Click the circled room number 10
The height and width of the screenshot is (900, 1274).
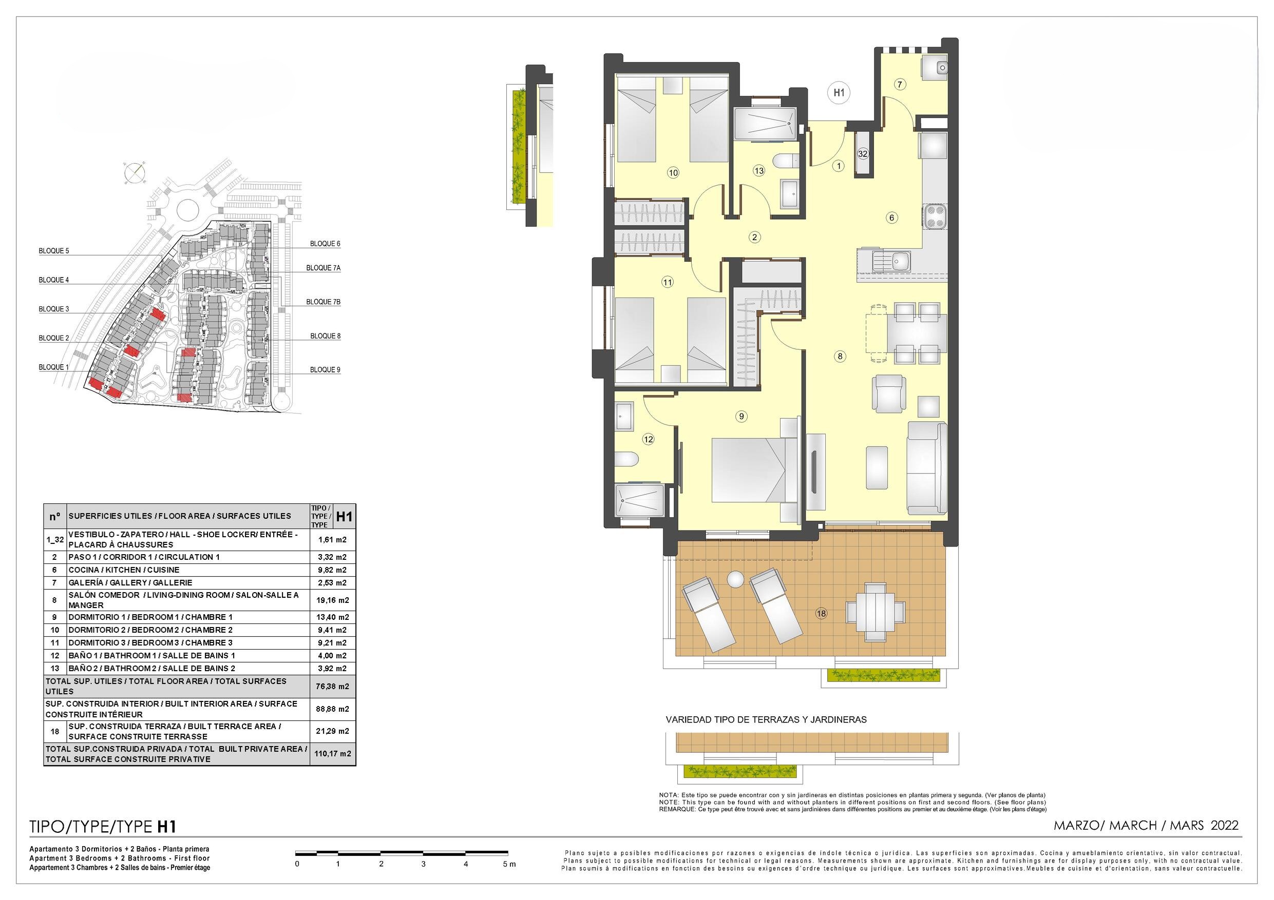click(x=673, y=173)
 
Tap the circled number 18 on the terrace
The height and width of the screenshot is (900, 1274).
click(x=821, y=613)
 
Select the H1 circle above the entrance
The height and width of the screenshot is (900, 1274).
click(x=839, y=92)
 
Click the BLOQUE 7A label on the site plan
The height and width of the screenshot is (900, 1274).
click(x=324, y=268)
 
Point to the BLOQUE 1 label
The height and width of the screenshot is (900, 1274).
click(x=54, y=367)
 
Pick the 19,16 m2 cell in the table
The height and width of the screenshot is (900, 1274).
click(x=332, y=600)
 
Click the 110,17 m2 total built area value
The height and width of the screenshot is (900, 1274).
click(x=332, y=754)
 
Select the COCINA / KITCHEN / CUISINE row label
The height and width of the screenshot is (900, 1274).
click(x=124, y=570)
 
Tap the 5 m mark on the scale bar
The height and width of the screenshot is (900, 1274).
click(x=509, y=864)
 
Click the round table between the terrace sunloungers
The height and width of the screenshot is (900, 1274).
click(x=735, y=579)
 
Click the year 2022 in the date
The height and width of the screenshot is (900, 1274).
click(x=1225, y=825)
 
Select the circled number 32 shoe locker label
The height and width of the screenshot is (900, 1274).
click(x=863, y=153)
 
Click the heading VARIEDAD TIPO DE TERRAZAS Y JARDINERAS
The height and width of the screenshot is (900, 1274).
click(x=766, y=720)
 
